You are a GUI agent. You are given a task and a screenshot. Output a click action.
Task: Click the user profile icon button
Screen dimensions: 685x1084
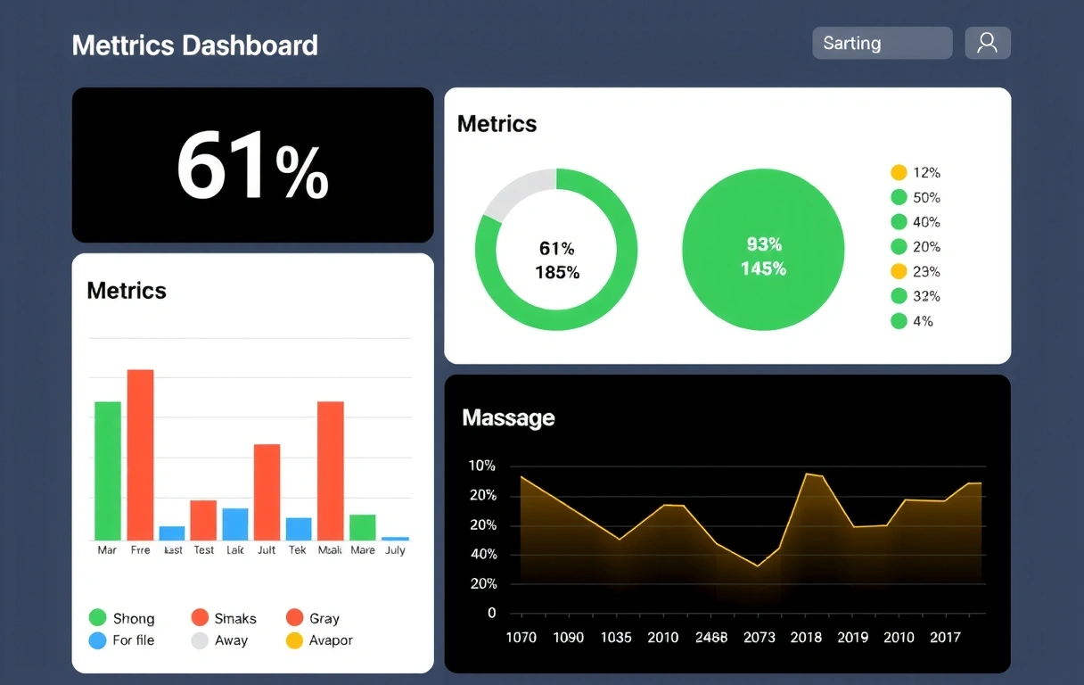coord(987,43)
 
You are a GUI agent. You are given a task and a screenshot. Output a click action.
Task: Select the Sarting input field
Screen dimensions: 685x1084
coord(882,43)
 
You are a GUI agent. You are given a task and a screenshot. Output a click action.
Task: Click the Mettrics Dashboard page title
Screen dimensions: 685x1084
coord(194,45)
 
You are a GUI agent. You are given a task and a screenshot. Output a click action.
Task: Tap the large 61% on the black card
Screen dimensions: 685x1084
coord(252,166)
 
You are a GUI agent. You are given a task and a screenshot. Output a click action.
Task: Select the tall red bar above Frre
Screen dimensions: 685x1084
coord(140,454)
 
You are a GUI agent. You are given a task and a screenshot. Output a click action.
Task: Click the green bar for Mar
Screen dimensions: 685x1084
coord(108,470)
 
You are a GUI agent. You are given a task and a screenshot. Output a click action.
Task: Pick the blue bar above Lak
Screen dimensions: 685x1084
coord(235,524)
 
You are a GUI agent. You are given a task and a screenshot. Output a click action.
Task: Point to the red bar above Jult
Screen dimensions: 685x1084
coord(267,491)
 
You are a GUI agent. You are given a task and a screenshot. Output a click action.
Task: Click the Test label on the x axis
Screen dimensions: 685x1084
coord(204,550)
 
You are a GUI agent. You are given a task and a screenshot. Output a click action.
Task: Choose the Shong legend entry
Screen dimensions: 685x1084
coord(122,618)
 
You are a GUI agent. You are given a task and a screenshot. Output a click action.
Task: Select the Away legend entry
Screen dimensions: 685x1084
coord(219,640)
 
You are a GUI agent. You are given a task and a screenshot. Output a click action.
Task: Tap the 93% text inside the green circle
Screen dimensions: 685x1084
coord(764,244)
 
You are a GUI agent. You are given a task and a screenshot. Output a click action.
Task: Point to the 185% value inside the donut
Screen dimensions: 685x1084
coord(557,273)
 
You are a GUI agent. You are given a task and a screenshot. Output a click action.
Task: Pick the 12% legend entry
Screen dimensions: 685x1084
coord(916,173)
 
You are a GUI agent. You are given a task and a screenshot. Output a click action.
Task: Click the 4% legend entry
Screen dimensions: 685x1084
coord(912,321)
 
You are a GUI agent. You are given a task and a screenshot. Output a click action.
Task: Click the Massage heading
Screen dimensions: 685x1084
coord(508,417)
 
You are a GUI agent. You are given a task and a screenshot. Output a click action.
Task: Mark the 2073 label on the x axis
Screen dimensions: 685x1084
coord(760,637)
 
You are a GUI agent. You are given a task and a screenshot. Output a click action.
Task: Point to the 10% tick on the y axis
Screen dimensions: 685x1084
coord(481,466)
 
